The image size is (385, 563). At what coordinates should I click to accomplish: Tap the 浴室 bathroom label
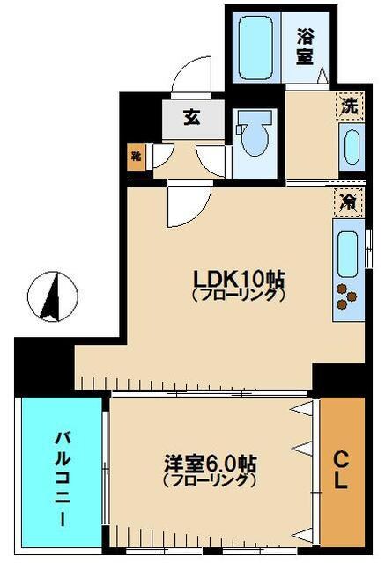click(306, 47)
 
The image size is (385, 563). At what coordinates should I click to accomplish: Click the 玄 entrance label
click(191, 117)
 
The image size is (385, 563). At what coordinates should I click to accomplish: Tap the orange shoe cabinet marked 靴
click(137, 158)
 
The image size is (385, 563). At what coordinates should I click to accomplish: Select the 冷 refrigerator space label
click(350, 201)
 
